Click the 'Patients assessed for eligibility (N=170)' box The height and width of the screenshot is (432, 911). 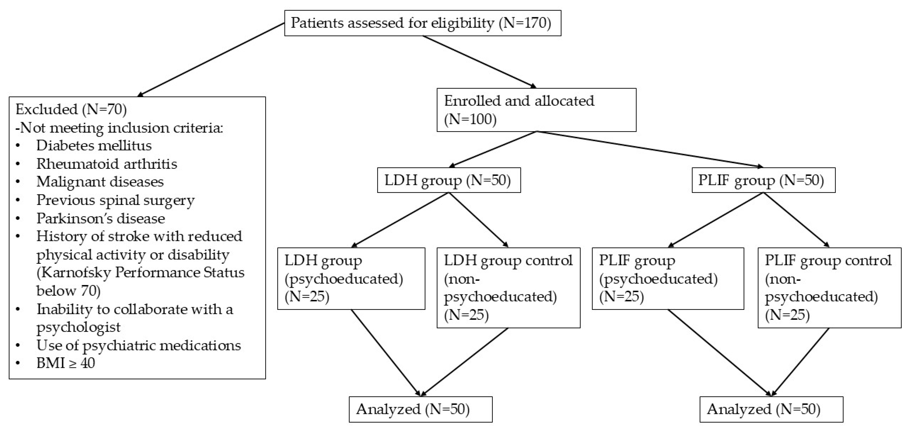pos(423,23)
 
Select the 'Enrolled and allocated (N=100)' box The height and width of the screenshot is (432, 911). pos(536,110)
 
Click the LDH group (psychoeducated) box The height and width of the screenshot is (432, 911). pos(351,278)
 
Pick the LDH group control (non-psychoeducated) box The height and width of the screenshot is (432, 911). pos(509,288)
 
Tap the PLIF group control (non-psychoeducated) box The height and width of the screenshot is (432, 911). pos(830,288)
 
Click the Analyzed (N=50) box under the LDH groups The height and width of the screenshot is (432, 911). pos(420,409)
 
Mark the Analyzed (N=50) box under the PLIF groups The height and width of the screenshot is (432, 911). pos(771,409)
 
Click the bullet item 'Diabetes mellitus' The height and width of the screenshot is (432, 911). pos(94,146)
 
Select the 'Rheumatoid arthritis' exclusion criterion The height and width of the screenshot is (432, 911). pos(107,164)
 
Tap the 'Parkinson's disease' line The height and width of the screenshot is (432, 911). pos(101,219)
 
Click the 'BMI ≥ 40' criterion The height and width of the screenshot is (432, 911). pos(66,363)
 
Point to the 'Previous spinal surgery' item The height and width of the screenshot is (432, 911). pos(116,200)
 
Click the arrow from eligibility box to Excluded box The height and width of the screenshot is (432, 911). pos(211,60)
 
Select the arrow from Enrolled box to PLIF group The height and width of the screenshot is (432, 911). pos(650,149)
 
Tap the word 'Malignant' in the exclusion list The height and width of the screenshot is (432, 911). pos(66,182)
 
